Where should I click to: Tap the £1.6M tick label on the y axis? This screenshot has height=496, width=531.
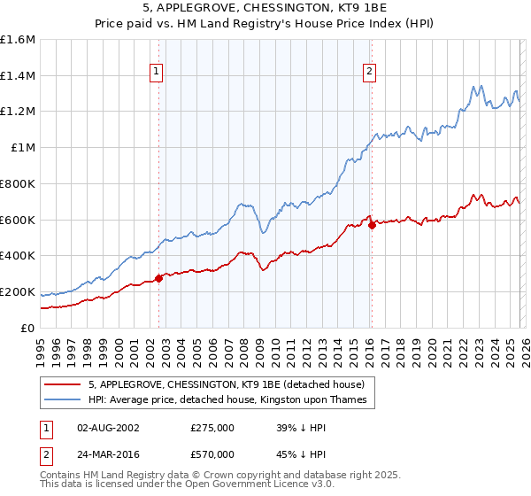[18, 40]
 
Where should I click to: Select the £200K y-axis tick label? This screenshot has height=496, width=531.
[18, 291]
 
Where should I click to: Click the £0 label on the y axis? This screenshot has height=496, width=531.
[28, 328]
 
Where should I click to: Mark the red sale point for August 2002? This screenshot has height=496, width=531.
[158, 278]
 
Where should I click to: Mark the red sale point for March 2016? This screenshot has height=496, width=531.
[372, 225]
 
